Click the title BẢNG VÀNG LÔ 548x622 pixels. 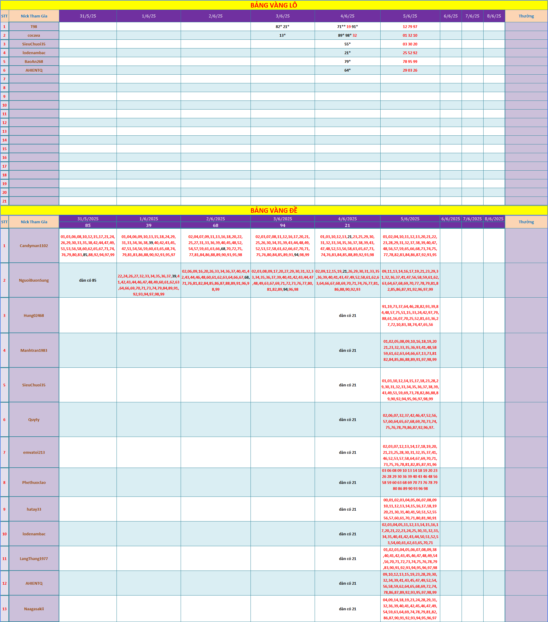coord(274,5)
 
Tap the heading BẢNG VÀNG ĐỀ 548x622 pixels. coord(274,210)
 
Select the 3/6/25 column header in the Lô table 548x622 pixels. coord(282,16)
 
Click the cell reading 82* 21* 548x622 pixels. coord(282,27)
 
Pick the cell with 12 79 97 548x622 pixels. coord(410,27)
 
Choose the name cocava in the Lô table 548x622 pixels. coord(34,35)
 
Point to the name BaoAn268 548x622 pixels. coord(34,61)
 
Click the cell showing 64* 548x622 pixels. coord(347,70)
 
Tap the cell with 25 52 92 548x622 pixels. coord(410,53)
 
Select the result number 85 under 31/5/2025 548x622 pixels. coord(88,225)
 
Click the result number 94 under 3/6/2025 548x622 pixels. coord(282,225)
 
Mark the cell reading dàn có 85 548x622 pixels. coord(88,280)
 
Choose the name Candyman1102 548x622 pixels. coord(34,246)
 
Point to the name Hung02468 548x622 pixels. coord(34,316)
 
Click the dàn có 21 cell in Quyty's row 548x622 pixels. coord(347,420)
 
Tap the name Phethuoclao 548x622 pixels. coord(34,482)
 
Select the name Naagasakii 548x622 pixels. coord(34,609)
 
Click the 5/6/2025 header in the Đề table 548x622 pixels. coord(410,219)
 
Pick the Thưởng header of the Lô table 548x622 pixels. coord(526,16)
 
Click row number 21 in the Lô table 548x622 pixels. coord(4,201)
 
